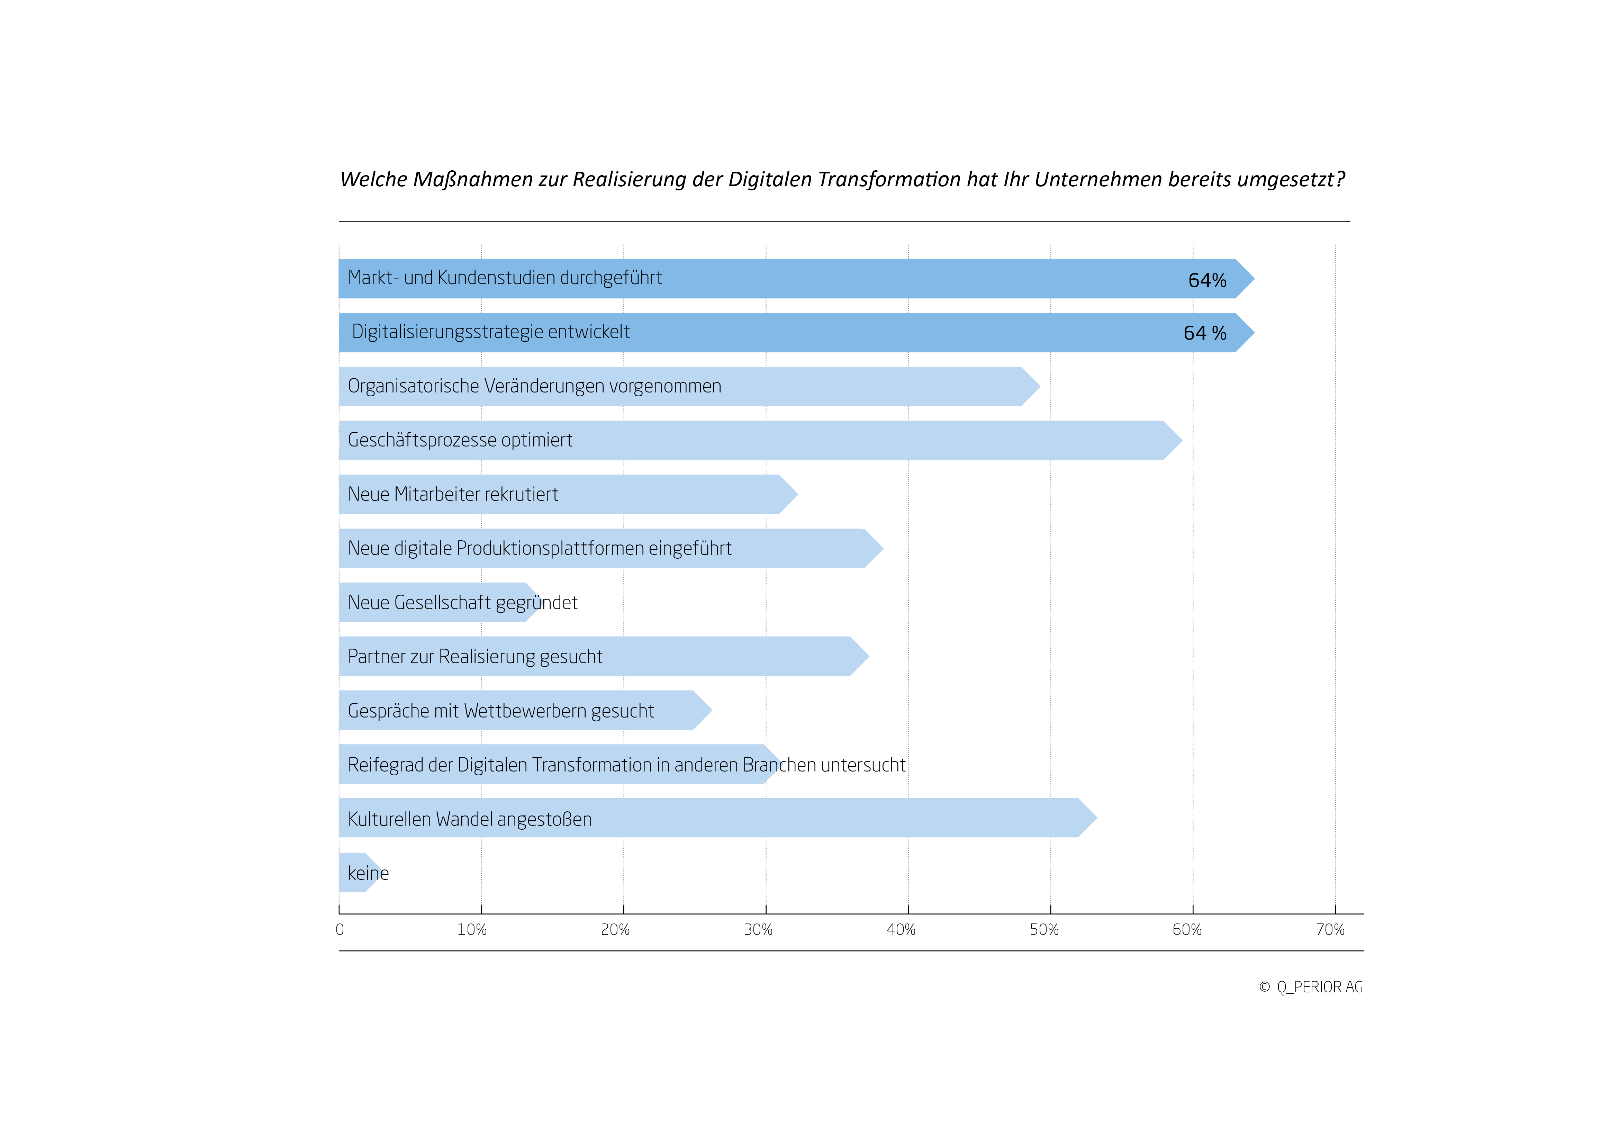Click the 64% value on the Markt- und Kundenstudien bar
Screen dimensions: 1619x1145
point(1207,281)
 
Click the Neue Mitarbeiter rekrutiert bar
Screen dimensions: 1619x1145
point(568,494)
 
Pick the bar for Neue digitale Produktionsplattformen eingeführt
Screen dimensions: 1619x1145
point(611,549)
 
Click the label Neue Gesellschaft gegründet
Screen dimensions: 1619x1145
point(463,603)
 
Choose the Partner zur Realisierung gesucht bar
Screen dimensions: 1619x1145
point(604,656)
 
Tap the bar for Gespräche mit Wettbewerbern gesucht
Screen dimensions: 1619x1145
point(525,710)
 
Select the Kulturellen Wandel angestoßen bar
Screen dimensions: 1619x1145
point(718,818)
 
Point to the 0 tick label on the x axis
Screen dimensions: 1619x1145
point(340,930)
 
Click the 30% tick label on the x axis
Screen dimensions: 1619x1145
point(758,930)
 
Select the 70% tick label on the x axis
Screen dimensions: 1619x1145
point(1330,930)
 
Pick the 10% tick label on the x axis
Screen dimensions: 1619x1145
point(472,930)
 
